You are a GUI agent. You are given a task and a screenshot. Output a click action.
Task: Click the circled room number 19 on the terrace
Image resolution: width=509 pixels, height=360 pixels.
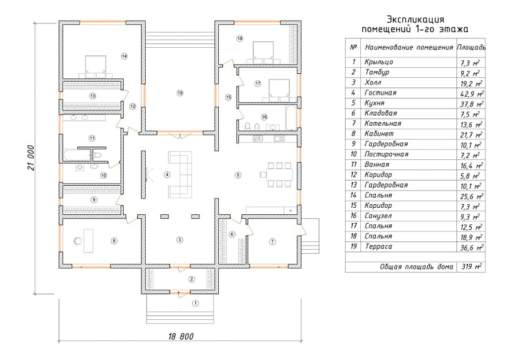(x=180, y=93)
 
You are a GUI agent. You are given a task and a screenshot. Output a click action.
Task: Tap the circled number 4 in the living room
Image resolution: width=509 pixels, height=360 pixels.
(x=167, y=175)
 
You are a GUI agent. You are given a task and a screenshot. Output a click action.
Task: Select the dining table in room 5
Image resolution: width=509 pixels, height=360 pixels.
(x=279, y=175)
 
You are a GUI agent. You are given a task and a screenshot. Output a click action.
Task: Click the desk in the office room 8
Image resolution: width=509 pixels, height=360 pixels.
(x=88, y=241)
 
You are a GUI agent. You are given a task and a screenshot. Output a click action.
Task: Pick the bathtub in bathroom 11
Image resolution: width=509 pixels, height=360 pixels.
(x=77, y=155)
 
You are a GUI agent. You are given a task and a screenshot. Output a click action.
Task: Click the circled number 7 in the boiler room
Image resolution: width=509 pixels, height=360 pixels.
(x=272, y=242)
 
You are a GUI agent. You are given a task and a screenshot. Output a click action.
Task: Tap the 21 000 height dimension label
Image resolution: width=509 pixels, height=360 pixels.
(x=31, y=158)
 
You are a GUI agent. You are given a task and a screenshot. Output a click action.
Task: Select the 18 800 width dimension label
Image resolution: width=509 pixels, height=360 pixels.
(x=181, y=336)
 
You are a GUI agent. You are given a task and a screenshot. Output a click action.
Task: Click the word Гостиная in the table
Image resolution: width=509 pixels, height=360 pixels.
(x=380, y=93)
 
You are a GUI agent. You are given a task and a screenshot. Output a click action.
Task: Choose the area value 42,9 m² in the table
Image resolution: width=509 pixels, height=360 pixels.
(x=472, y=94)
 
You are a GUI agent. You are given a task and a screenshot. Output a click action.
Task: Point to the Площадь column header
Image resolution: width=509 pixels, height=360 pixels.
(x=471, y=47)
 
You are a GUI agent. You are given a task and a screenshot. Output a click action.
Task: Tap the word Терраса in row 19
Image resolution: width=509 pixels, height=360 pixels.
(x=379, y=247)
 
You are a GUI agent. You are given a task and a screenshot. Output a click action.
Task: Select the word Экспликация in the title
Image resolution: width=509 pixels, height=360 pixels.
(x=415, y=19)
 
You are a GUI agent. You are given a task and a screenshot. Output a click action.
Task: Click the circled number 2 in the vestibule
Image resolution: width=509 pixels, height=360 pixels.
(x=192, y=279)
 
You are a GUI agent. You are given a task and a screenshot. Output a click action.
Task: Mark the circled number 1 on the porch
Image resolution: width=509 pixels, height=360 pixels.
(x=195, y=303)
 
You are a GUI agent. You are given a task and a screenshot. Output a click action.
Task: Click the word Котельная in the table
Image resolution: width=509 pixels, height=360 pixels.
(x=383, y=123)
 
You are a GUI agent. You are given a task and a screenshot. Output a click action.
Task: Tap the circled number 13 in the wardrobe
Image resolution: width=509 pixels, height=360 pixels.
(x=93, y=96)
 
